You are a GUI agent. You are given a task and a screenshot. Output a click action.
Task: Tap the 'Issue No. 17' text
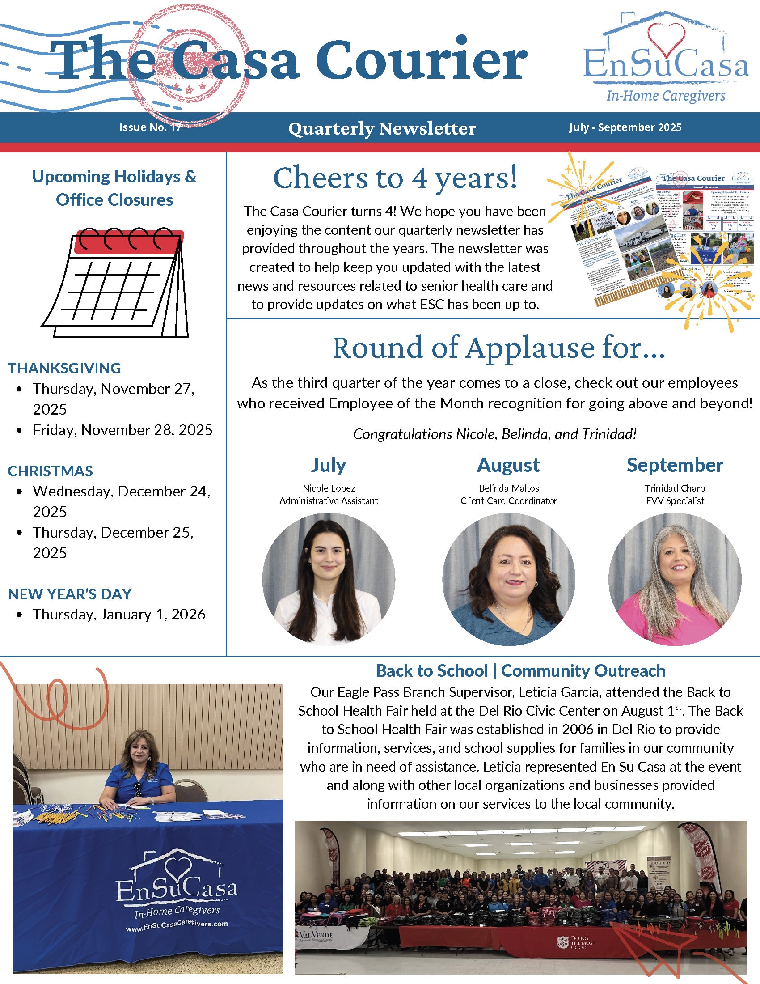point(150,127)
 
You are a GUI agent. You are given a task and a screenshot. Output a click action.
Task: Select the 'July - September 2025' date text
point(625,127)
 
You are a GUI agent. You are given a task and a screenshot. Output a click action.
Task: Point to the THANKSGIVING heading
point(64,368)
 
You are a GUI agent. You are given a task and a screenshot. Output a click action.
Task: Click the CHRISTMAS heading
point(51,471)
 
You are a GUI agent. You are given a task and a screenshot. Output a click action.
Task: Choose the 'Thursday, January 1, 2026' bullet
point(119,614)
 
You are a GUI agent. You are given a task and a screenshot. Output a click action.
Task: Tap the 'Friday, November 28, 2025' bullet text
point(122,430)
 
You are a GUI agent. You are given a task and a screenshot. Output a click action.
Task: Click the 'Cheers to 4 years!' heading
point(395,178)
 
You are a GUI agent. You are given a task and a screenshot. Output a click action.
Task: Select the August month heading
point(508,465)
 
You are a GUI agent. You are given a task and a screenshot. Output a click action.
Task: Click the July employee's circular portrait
point(329,579)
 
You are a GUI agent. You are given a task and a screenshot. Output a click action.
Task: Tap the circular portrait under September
point(675,579)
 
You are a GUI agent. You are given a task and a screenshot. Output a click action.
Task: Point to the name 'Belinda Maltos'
point(509,488)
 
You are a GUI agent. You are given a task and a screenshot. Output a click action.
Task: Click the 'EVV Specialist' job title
point(675,500)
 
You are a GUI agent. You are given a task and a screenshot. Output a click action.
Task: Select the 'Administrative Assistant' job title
point(329,500)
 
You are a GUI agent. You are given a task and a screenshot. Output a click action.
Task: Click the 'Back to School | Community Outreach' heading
point(520,671)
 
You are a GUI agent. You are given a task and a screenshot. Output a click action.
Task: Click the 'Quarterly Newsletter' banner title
point(382,128)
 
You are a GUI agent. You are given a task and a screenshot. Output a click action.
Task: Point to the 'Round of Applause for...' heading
point(499,348)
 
